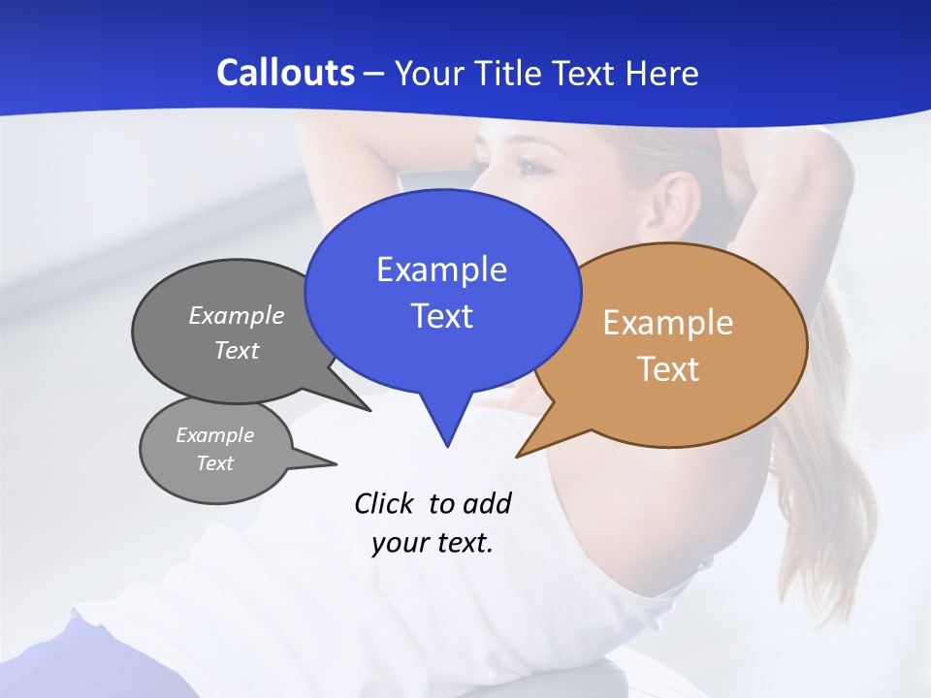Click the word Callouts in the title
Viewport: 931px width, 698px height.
point(286,73)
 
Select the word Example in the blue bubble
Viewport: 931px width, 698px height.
point(441,270)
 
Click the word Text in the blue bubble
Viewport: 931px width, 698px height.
point(441,316)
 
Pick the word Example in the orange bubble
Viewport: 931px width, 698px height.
point(668,323)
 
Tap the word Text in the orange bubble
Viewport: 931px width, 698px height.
point(668,369)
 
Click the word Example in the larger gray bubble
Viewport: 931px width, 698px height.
point(237,315)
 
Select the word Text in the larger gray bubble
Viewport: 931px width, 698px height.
point(237,350)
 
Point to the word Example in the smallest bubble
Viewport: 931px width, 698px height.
point(214,435)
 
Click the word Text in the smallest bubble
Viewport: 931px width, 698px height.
point(214,463)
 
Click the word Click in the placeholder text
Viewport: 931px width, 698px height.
point(384,503)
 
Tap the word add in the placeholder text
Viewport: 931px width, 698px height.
point(487,503)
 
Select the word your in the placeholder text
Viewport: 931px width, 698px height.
point(397,543)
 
